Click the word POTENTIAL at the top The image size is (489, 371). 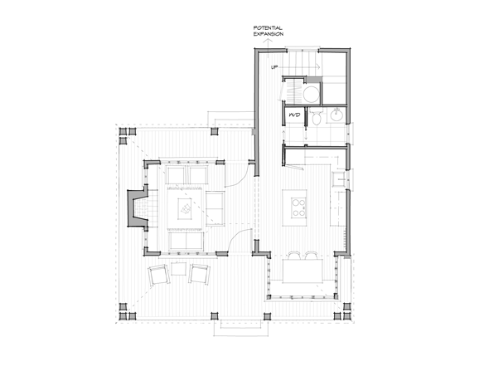(x=268, y=28)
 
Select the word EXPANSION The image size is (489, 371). (x=269, y=34)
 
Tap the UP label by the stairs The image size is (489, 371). (x=274, y=67)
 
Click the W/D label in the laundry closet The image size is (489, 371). (x=294, y=115)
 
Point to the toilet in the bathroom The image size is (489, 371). (x=317, y=118)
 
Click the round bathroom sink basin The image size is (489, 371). (x=336, y=115)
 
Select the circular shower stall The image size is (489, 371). (x=312, y=95)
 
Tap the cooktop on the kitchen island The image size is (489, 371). (x=298, y=207)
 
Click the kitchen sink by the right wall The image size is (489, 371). (x=338, y=179)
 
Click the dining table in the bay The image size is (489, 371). (x=303, y=271)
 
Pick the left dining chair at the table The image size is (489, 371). (x=293, y=256)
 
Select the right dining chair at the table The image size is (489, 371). (x=312, y=256)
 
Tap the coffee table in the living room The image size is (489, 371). (x=186, y=208)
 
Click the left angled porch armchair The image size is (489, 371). (x=159, y=275)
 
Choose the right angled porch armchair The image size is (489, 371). (x=199, y=274)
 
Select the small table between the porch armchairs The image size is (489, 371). (x=179, y=269)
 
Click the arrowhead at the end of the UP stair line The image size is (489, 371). (x=318, y=66)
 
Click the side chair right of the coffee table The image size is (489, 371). (x=215, y=208)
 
